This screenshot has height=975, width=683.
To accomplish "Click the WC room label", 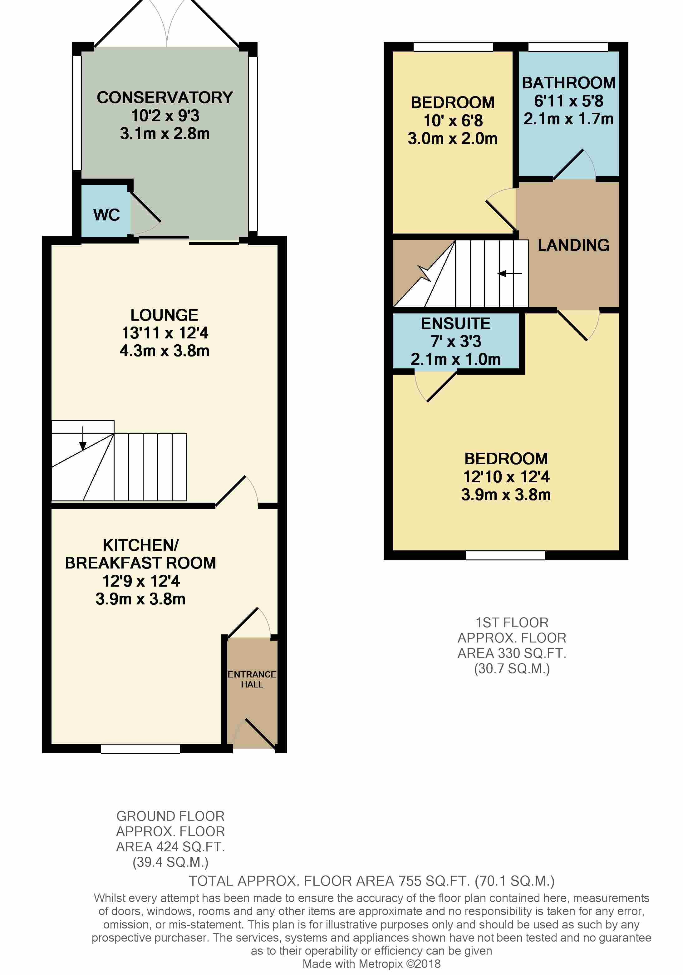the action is pos(106,215).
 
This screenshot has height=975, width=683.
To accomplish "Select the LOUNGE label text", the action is pos(164,315).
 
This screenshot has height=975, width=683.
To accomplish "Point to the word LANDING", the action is pos(573,245).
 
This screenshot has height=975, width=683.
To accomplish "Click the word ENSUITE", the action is pos(455,323).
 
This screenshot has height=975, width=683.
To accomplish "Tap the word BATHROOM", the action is pos(568,83).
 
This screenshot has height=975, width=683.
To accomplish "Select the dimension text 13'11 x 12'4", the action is pos(165,333).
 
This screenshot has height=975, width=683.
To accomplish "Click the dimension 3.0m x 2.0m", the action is pos(453,138).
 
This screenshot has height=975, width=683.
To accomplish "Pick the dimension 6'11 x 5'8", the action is pos(568,101).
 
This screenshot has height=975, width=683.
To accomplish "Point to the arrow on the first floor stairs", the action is pos(509,273).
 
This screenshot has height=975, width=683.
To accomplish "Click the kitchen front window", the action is pos(140,749).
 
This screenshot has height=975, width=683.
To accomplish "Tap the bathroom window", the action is pos(568,47).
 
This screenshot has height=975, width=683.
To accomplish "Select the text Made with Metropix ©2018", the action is pos(371,964).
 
